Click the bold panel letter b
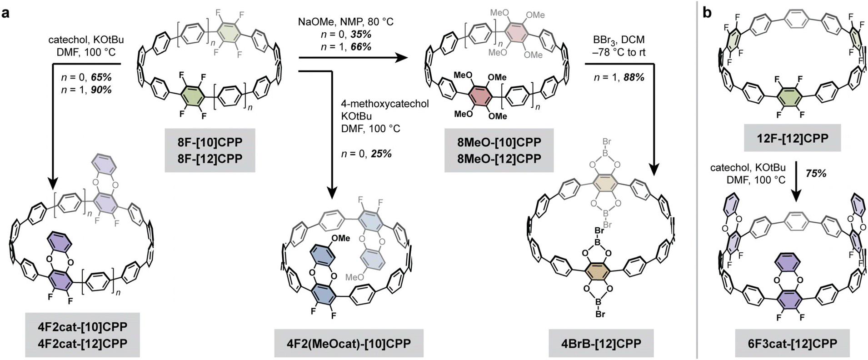pos(707,13)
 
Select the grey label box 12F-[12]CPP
pos(792,137)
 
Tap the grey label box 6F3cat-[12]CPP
pos(792,343)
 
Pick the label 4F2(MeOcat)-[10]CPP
pos(349,343)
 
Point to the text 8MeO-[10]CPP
pos(499,142)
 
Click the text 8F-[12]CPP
pos(210,159)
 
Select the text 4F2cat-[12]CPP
pos(82,343)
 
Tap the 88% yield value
pos(634,77)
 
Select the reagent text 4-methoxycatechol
pos(385,104)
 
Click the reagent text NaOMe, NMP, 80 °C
pos(345,21)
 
